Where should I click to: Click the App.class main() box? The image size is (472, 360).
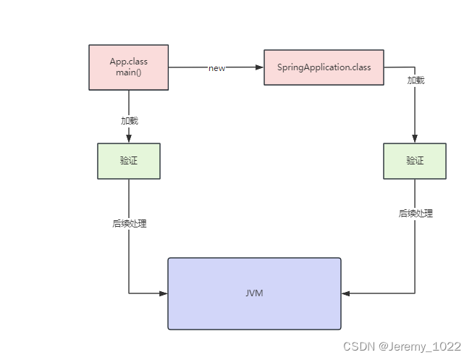[x=128, y=67]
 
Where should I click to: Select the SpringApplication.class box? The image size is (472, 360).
[x=324, y=67]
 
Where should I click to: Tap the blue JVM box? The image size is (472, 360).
[x=254, y=293]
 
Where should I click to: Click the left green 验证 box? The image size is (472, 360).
[x=129, y=161]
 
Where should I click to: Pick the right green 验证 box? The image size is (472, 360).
[x=415, y=161]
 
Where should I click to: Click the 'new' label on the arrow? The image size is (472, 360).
[x=216, y=68]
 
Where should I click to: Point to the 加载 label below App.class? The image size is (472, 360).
[x=129, y=120]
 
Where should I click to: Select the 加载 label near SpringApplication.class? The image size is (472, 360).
[x=416, y=80]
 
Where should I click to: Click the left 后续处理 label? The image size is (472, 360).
[x=129, y=224]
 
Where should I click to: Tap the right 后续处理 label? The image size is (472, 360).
[x=416, y=214]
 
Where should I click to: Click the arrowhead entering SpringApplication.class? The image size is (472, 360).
[x=259, y=67]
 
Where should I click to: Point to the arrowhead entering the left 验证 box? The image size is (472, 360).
[x=129, y=139]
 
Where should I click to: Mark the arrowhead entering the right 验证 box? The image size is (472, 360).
[x=415, y=139]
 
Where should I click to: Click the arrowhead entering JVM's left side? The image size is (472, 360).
[x=164, y=293]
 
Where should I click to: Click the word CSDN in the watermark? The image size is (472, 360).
[x=357, y=347]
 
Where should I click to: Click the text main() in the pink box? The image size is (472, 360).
[x=128, y=73]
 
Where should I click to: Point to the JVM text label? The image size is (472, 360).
[x=254, y=293]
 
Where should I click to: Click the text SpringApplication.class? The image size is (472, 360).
[x=324, y=67]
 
